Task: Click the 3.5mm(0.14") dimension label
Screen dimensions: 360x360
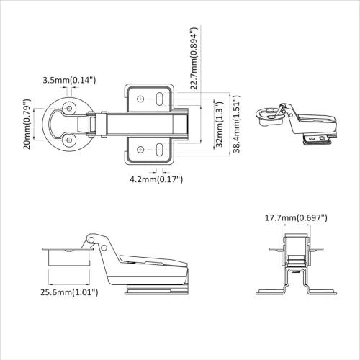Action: click(x=69, y=79)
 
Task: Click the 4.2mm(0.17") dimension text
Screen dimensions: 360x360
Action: click(x=156, y=179)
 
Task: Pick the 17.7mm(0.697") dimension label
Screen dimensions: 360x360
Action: click(x=296, y=217)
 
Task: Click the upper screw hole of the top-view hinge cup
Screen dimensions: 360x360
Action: click(x=70, y=107)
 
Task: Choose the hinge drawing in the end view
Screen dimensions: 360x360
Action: click(x=295, y=266)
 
